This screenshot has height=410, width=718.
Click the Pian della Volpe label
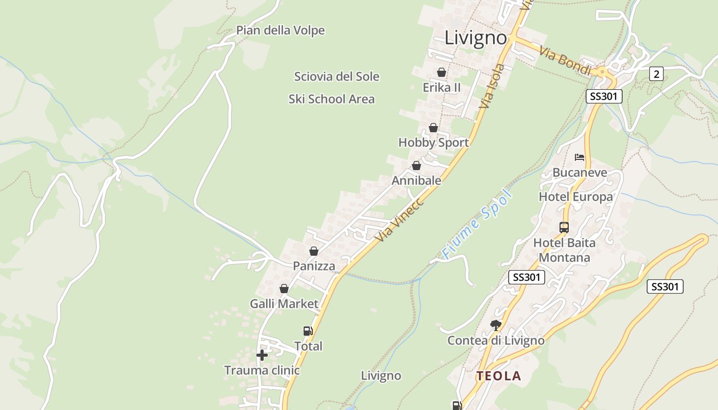[280, 31]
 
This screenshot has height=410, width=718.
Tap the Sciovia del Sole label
[336, 77]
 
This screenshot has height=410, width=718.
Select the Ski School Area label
[331, 99]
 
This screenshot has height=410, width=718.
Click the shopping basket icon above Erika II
[441, 73]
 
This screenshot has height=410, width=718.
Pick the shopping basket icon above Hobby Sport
[433, 128]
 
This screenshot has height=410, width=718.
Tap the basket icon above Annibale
[416, 166]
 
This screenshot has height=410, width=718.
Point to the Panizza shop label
[314, 266]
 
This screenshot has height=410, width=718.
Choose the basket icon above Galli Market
[284, 289]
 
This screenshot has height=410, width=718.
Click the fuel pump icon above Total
[308, 331]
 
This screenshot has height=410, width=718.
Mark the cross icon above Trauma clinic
[262, 355]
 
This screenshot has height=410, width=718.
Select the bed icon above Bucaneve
[580, 157]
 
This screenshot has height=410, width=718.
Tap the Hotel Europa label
[575, 197]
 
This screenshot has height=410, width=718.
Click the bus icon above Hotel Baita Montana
[564, 227]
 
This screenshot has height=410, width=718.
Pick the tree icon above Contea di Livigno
[495, 325]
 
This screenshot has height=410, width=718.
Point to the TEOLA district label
[498, 376]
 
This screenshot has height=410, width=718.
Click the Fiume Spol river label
[477, 224]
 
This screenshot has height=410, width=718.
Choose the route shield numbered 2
[656, 74]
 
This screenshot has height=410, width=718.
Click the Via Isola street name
[492, 86]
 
